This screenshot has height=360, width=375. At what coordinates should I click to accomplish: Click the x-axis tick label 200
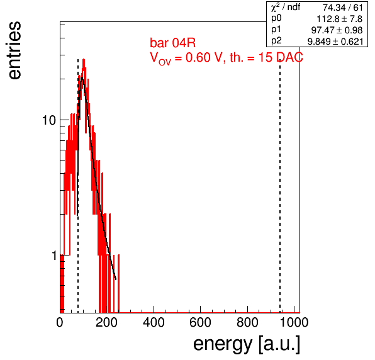click(x=106, y=322)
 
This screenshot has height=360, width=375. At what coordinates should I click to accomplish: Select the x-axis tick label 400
click(x=154, y=322)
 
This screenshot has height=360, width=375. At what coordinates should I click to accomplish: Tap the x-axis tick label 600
click(x=200, y=322)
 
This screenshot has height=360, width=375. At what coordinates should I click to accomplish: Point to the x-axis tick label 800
click(x=247, y=322)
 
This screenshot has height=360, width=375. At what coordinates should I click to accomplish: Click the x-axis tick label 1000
click(x=294, y=322)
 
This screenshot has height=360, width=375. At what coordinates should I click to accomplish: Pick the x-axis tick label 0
click(x=60, y=322)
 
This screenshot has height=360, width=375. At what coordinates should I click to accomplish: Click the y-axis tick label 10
click(x=49, y=120)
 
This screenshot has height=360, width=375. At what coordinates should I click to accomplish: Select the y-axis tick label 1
click(x=54, y=256)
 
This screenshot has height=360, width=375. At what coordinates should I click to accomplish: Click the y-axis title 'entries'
click(x=15, y=50)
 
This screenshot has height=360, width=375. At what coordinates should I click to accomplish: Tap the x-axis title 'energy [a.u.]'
click(x=247, y=344)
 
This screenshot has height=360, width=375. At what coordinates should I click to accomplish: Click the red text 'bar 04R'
click(x=172, y=43)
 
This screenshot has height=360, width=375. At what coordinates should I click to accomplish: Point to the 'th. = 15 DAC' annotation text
click(x=266, y=57)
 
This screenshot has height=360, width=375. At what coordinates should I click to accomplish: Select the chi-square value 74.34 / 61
click(x=342, y=8)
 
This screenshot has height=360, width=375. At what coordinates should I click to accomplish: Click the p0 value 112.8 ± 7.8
click(x=339, y=19)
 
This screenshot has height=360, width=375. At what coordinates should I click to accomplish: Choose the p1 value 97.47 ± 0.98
click(x=337, y=30)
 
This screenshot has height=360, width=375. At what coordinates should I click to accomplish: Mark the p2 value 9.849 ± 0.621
click(x=335, y=42)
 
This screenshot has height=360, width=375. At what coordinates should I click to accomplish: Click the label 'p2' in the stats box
click(x=276, y=41)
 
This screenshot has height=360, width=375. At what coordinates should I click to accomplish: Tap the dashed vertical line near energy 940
click(x=280, y=186)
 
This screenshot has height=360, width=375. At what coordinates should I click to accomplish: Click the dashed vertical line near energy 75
click(x=78, y=186)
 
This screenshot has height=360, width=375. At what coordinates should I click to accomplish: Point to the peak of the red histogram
click(x=84, y=59)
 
